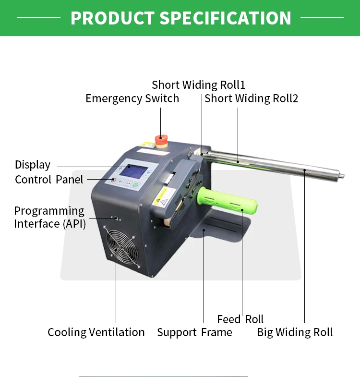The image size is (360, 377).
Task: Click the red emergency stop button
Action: (x=161, y=140)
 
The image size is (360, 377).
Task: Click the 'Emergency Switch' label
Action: (x=132, y=98)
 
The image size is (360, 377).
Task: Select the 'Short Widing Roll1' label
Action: (x=198, y=85)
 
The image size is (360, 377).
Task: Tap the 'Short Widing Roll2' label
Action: (x=251, y=98)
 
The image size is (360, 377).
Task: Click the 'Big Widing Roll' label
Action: (x=295, y=332)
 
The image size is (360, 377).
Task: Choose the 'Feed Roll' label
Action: (x=240, y=319)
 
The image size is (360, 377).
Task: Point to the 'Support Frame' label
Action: (x=194, y=332)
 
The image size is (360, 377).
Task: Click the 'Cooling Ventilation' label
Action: (x=96, y=332)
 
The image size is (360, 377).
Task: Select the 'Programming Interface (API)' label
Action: (x=49, y=217)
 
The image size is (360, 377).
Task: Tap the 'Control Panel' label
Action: (x=49, y=180)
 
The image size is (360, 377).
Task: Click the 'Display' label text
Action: (x=33, y=165)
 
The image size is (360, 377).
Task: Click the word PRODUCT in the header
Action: (x=111, y=18)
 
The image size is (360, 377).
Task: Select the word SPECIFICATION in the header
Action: (x=225, y=18)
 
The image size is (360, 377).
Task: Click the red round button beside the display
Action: (x=113, y=181)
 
